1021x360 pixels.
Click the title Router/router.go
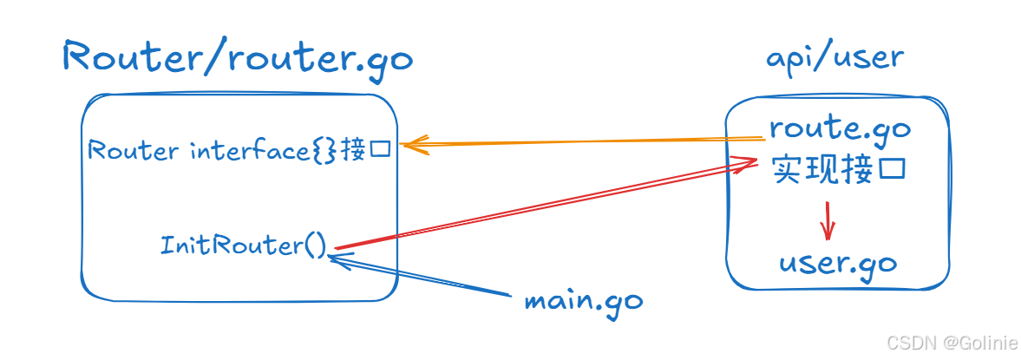point(238,60)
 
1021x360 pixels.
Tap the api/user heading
point(834,58)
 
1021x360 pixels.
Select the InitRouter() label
point(243,245)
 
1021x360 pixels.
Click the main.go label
point(583,301)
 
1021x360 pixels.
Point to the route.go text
point(839,129)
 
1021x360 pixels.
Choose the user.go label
point(837,263)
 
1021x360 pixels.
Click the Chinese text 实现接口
point(839,169)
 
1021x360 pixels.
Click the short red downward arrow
point(828,221)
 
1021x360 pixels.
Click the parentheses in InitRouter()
point(312,245)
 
